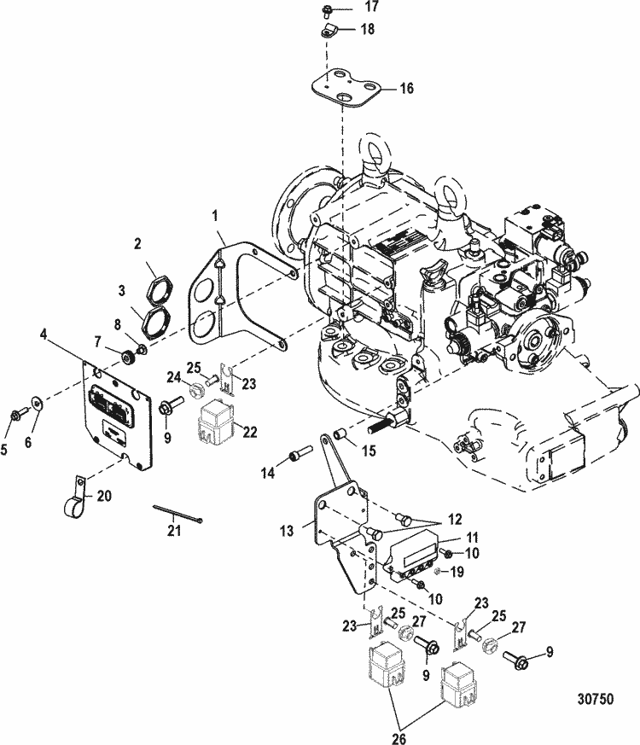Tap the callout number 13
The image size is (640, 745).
pyautogui.click(x=287, y=530)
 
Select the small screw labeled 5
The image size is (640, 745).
pyautogui.click(x=16, y=415)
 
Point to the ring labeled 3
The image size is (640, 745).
pyautogui.click(x=154, y=322)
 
